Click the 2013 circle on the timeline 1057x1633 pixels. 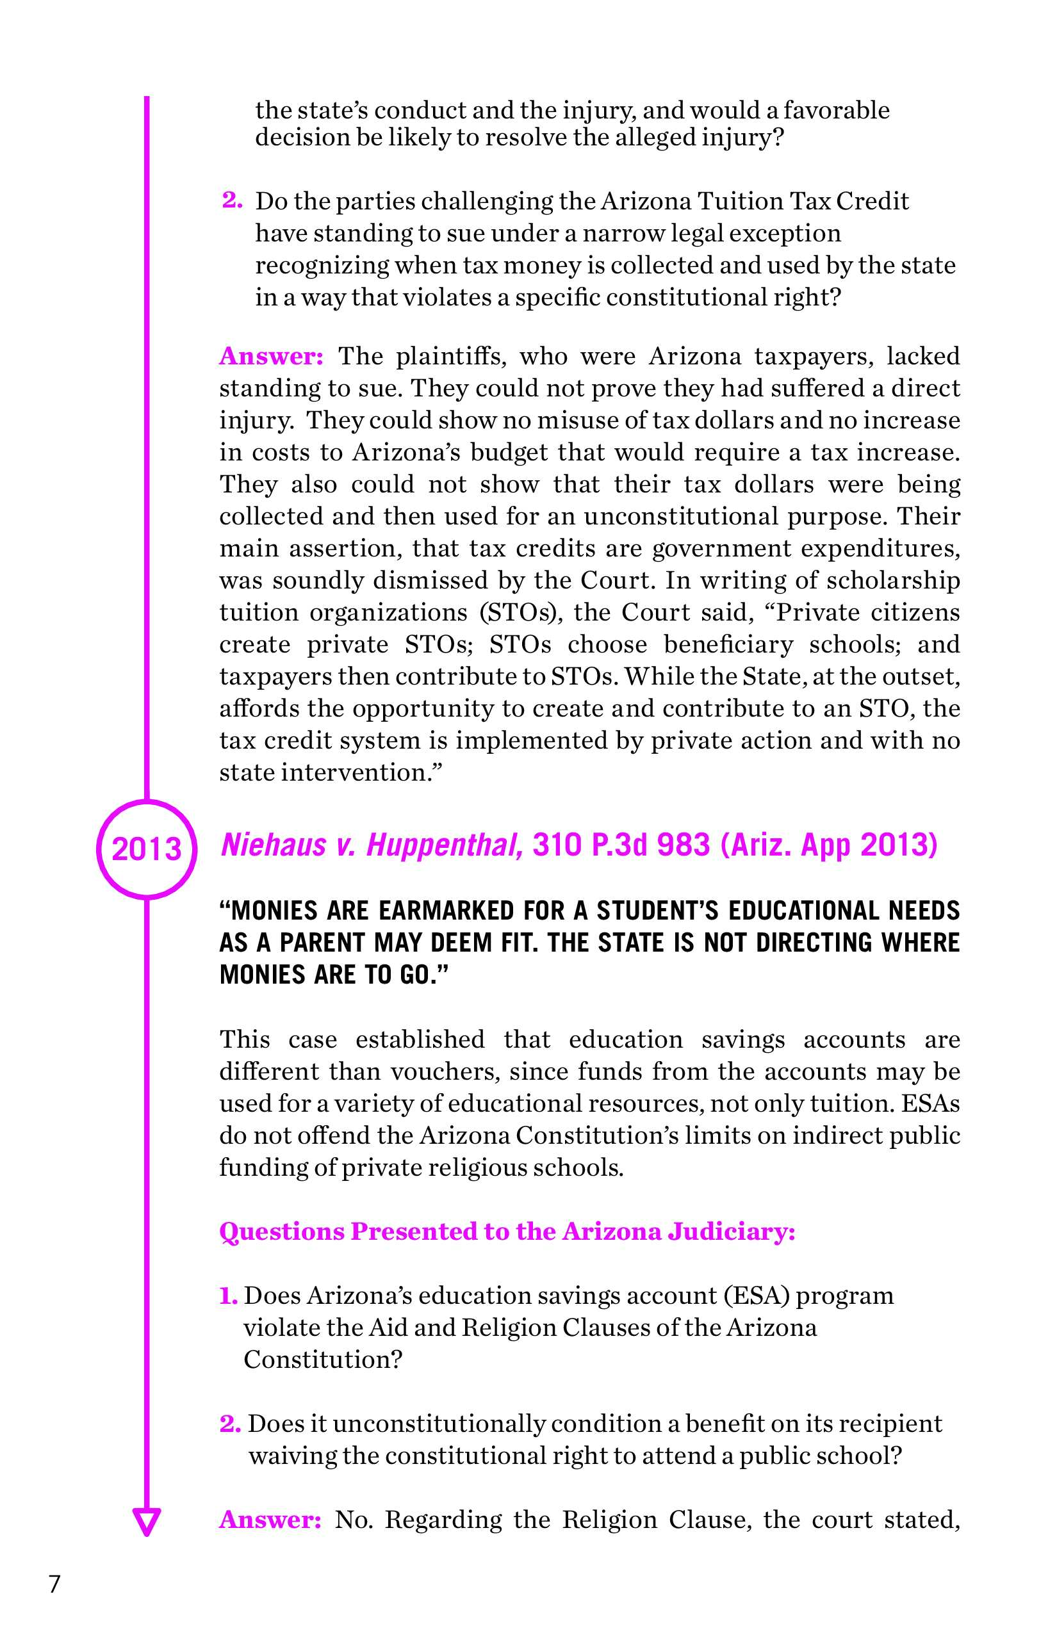[x=146, y=849]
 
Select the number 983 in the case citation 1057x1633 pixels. [x=683, y=845]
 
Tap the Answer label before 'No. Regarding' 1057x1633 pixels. [x=270, y=1520]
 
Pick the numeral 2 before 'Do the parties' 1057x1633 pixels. [x=231, y=200]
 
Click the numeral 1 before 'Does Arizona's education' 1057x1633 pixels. [x=227, y=1296]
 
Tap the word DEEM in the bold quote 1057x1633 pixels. [x=459, y=943]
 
